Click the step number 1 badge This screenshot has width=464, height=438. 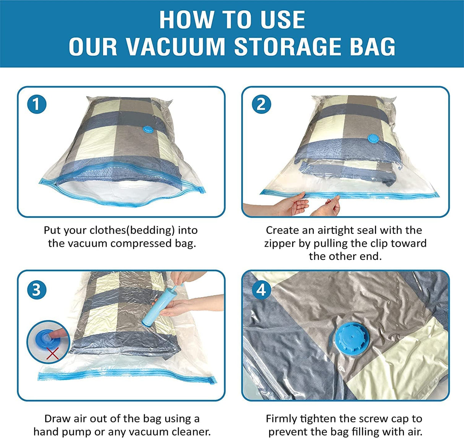click(37, 104)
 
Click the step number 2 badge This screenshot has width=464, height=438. click(261, 104)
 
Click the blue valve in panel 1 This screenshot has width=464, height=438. click(147, 130)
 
